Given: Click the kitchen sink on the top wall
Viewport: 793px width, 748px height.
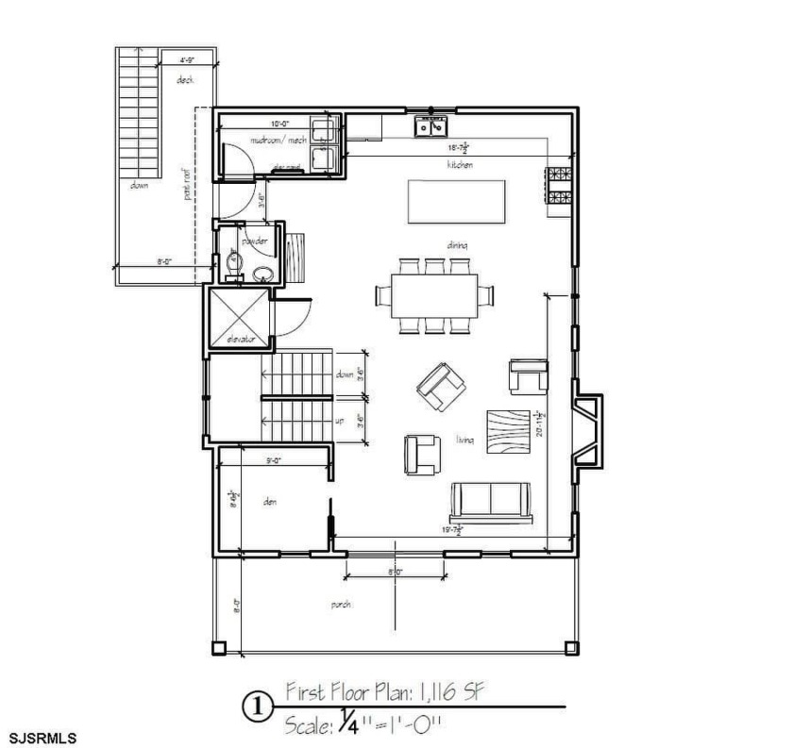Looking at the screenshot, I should pyautogui.click(x=433, y=125).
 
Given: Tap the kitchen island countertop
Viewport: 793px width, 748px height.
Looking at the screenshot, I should pyautogui.click(x=456, y=201).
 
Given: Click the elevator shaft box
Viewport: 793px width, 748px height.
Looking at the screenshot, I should pyautogui.click(x=238, y=316).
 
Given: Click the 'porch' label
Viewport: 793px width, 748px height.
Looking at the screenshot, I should pyautogui.click(x=342, y=605).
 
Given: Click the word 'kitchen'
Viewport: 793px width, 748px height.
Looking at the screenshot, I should pyautogui.click(x=460, y=164).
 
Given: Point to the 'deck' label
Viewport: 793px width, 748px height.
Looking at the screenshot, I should pyautogui.click(x=185, y=80).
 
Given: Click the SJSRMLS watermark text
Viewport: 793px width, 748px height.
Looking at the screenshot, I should pyautogui.click(x=43, y=734).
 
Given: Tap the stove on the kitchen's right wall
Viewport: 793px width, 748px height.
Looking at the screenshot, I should pyautogui.click(x=557, y=186).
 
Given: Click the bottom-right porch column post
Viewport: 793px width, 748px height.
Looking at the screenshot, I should pyautogui.click(x=570, y=648).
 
